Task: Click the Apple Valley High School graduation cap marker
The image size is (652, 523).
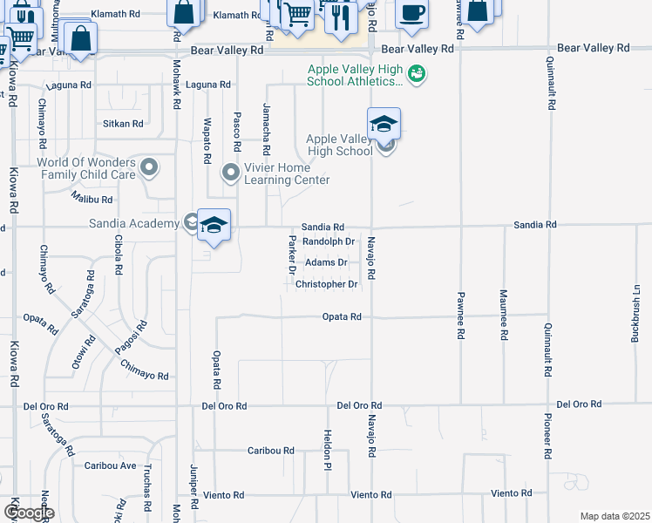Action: point(384,126)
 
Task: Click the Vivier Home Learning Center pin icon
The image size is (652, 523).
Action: point(231,172)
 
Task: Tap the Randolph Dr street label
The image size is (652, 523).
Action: point(328,241)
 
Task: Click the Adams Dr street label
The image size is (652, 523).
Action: point(325,262)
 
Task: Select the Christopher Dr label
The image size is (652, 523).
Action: point(327,285)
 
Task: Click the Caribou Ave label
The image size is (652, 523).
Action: point(111,466)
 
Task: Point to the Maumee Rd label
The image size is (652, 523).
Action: point(503,315)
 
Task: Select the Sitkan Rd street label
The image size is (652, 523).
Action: point(123,124)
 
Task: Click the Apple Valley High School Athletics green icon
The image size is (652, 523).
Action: point(417,74)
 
